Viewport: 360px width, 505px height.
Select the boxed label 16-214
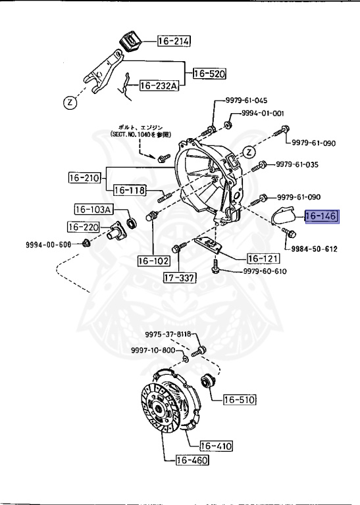click(x=173, y=42)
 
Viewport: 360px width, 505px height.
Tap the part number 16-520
click(x=209, y=75)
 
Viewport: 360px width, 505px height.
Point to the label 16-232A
click(x=159, y=85)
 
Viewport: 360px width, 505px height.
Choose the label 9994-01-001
click(x=262, y=113)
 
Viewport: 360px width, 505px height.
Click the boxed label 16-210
click(x=84, y=177)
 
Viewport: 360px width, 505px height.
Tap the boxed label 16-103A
click(x=93, y=210)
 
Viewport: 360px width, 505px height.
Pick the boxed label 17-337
click(x=179, y=277)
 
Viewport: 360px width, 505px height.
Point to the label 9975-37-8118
click(x=168, y=335)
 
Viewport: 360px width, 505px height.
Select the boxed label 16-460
click(x=192, y=461)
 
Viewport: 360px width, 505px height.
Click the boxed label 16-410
click(x=216, y=446)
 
